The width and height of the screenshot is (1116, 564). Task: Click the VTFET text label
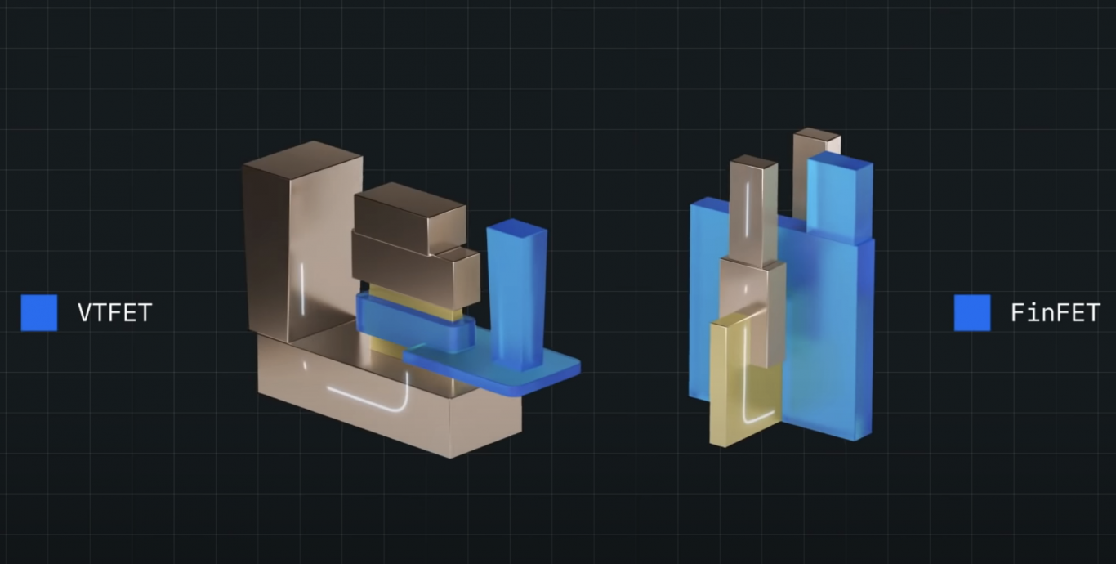click(x=115, y=313)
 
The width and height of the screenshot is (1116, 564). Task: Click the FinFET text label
click(x=1055, y=313)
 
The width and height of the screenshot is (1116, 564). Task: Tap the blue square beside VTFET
click(x=39, y=313)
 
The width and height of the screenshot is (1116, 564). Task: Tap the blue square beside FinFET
click(x=972, y=313)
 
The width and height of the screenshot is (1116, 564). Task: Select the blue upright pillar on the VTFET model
click(x=516, y=294)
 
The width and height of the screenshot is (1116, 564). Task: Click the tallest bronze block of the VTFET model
click(x=302, y=242)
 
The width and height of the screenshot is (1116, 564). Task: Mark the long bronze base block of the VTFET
click(x=389, y=394)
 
